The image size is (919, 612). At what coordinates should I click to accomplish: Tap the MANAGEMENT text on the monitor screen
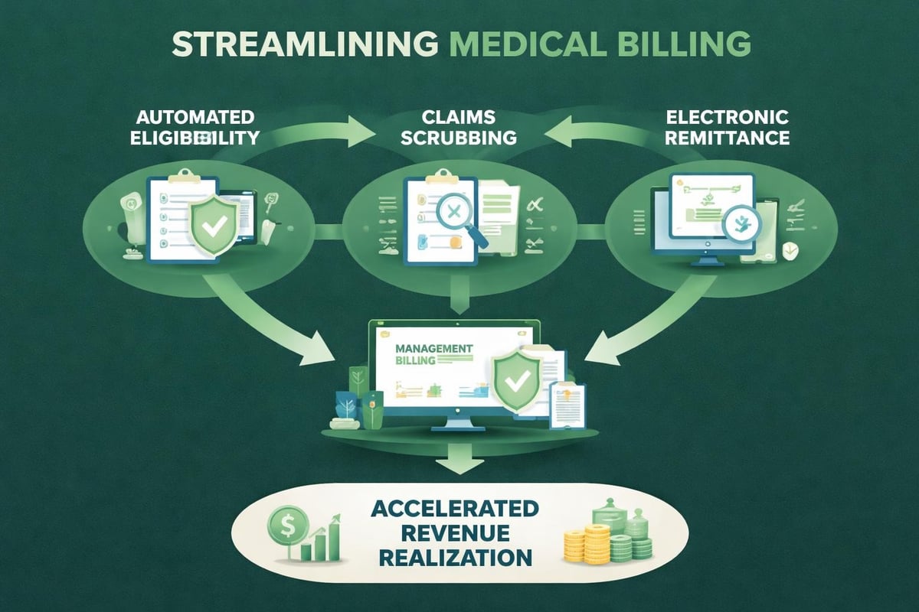coord(434,348)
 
